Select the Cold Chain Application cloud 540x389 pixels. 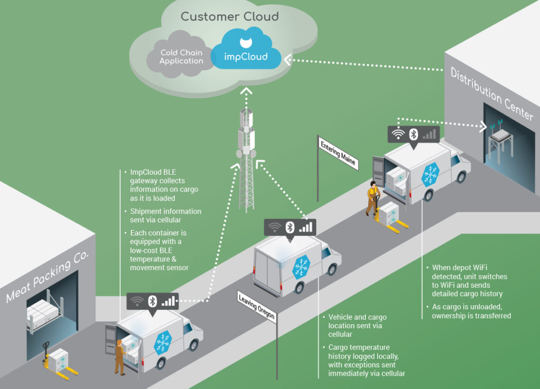click(181, 57)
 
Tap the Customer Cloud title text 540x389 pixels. click(229, 16)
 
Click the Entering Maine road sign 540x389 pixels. click(337, 152)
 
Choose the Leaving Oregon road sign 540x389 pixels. click(257, 306)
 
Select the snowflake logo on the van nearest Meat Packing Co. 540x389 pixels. click(163, 343)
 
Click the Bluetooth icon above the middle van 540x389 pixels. click(290, 227)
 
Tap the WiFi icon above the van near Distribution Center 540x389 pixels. click(399, 134)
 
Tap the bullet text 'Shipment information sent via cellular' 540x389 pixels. click(166, 215)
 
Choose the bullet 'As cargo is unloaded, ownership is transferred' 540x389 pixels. click(471, 311)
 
